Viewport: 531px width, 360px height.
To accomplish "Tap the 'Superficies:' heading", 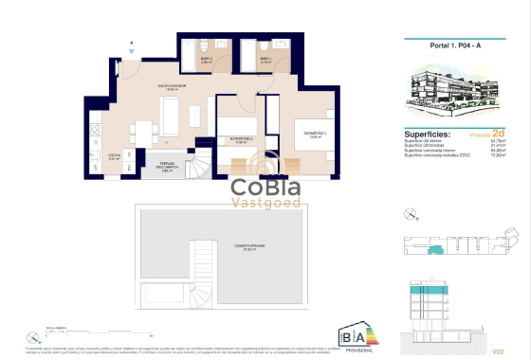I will pyautogui.click(x=426, y=135).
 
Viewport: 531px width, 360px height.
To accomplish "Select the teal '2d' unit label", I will pyautogui.click(x=497, y=135).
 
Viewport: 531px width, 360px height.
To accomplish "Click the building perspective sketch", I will pyautogui.click(x=456, y=91).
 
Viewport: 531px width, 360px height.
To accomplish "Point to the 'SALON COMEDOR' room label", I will pyautogui.click(x=172, y=86).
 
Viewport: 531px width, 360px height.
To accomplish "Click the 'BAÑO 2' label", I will pyautogui.click(x=206, y=60).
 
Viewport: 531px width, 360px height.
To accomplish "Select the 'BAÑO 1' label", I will pyautogui.click(x=265, y=60).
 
